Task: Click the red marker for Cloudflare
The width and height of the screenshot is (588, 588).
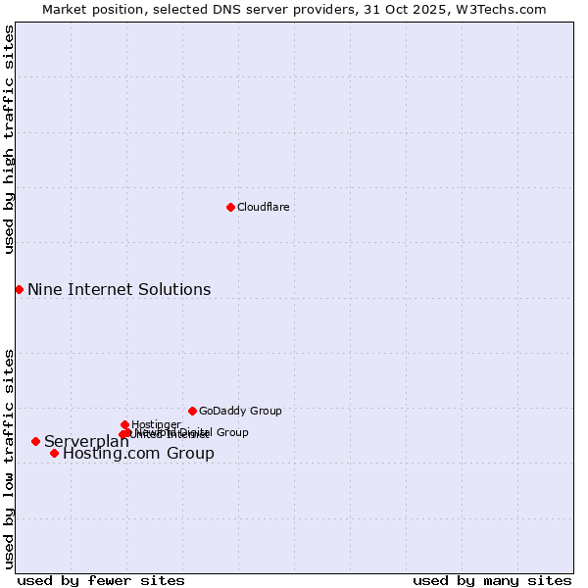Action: pos(230,207)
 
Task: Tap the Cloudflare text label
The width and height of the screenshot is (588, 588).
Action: pos(263,207)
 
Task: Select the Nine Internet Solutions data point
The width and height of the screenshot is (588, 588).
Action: pos(19,289)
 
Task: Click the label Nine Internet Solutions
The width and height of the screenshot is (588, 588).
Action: pos(119,289)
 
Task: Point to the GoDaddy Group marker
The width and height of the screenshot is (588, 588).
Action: pos(192,411)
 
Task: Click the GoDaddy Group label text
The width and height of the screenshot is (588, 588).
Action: pos(240,411)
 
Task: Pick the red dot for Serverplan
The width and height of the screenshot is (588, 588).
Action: pos(35,441)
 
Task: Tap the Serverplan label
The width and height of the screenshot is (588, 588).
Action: pos(86,441)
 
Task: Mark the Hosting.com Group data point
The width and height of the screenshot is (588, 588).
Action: pos(54,453)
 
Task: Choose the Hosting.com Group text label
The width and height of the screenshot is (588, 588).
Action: pos(138,453)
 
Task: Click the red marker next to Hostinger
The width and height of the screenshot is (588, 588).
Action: pos(124,424)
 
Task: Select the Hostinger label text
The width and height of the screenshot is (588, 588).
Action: pos(156,424)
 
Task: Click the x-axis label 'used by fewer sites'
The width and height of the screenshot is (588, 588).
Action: pos(101,580)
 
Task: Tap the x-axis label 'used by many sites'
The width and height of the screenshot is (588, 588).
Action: pos(492,580)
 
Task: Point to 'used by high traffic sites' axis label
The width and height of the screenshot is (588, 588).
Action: pos(9,139)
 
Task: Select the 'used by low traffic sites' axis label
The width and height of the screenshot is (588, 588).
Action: pos(9,458)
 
